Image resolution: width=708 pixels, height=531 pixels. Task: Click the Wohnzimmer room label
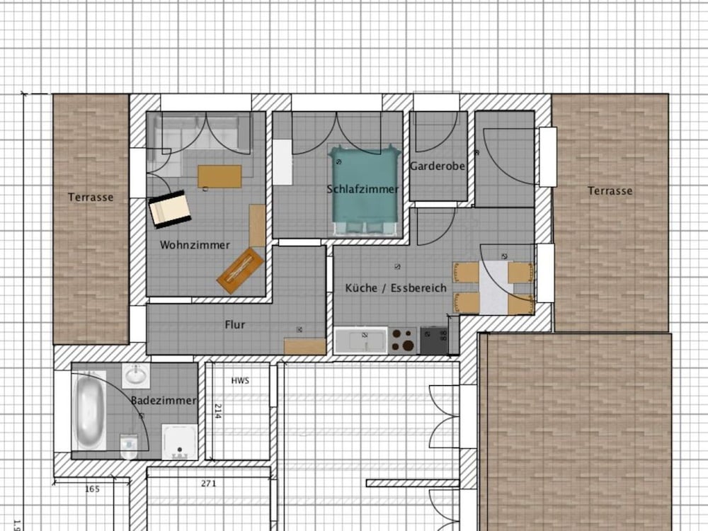pos(195,245)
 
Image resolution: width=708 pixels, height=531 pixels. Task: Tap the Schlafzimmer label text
pos(362,189)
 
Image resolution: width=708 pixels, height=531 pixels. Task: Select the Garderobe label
pos(437,166)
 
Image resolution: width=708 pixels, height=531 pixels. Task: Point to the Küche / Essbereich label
pos(396,288)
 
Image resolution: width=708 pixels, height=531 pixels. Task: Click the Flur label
pos(235,325)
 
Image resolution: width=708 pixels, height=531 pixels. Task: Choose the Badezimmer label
pos(164,401)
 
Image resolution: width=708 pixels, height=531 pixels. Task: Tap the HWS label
pos(240,381)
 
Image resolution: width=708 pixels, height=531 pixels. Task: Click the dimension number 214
pos(217,411)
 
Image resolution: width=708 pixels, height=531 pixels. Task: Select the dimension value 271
pos(208,484)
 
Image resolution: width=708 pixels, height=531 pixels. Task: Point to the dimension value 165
pos(92,489)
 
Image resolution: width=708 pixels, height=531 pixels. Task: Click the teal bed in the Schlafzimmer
pos(365,190)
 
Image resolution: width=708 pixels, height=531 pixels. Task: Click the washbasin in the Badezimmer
pos(136,376)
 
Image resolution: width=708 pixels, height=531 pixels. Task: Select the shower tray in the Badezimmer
pos(180,442)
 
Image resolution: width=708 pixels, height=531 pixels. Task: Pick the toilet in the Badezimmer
pos(129,447)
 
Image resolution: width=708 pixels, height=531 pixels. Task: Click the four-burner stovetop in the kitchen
pos(404,341)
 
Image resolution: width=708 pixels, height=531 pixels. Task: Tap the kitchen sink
pos(361,341)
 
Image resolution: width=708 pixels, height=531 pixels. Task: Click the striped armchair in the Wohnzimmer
pos(170,209)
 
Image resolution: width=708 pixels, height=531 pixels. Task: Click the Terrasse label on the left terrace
pos(91,198)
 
